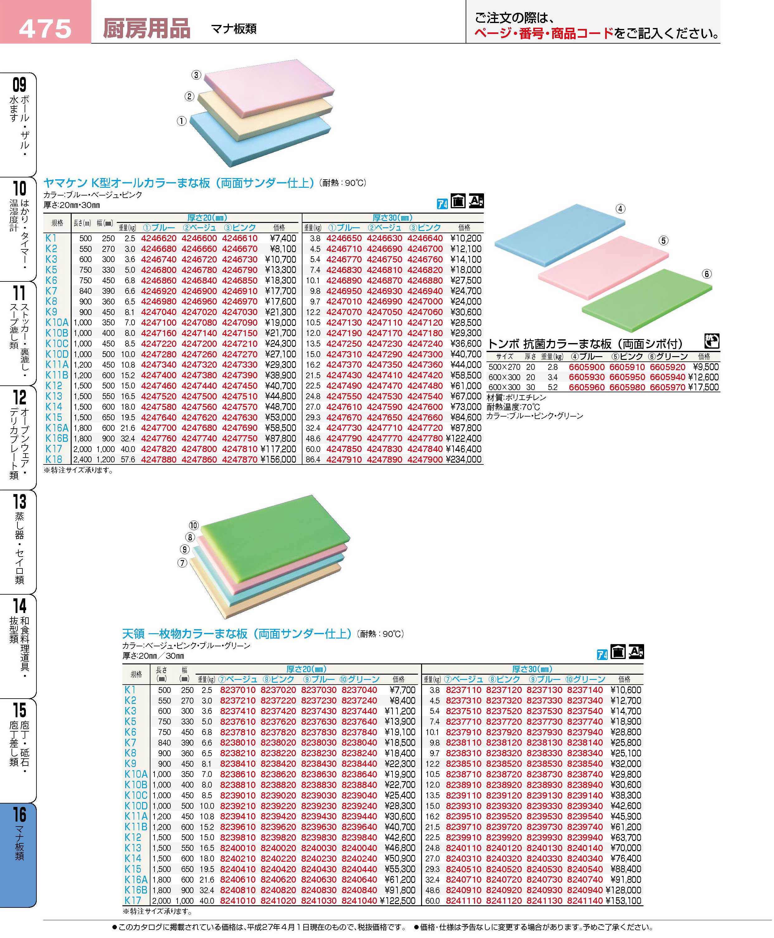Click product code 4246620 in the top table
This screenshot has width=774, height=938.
(x=159, y=238)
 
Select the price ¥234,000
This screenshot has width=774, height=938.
(x=464, y=460)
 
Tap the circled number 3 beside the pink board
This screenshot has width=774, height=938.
(x=196, y=75)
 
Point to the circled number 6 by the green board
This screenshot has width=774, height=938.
(x=707, y=274)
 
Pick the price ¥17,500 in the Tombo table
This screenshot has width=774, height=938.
(x=704, y=387)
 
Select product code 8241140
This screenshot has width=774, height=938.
(x=585, y=901)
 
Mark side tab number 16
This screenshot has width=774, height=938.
(x=20, y=814)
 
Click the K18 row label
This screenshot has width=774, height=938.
(x=54, y=460)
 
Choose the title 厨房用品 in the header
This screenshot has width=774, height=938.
(x=146, y=29)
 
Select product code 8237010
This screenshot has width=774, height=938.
(x=238, y=690)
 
